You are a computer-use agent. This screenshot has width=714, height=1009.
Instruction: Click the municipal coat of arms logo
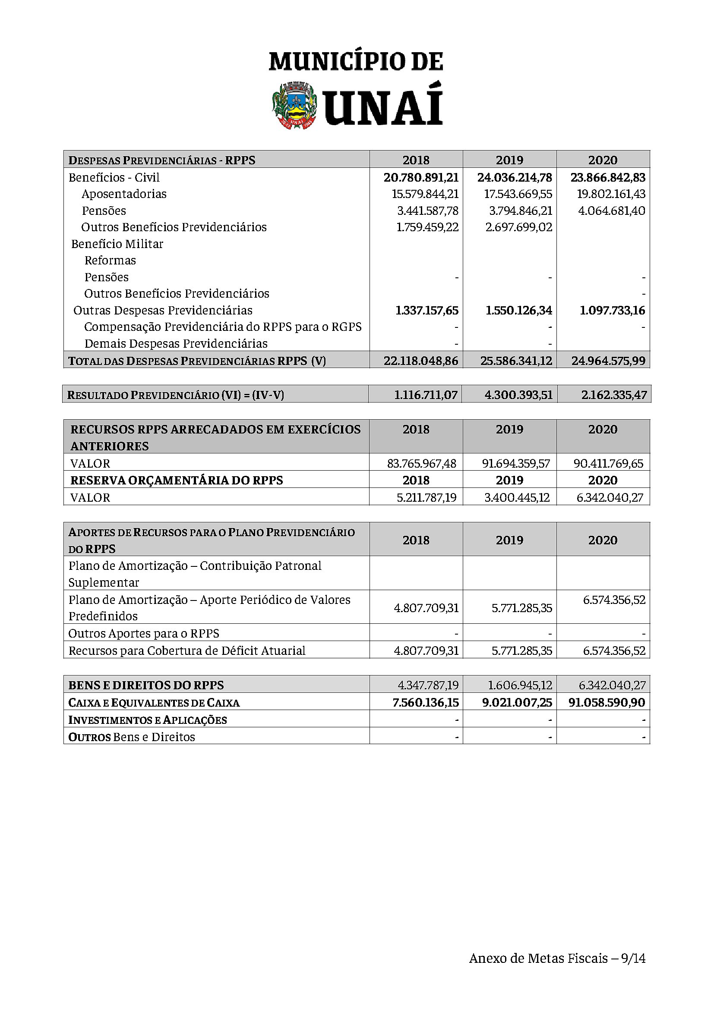click(294, 105)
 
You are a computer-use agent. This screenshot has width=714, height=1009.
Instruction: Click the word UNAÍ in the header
click(383, 107)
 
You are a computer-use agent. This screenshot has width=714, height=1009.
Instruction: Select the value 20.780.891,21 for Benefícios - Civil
click(421, 178)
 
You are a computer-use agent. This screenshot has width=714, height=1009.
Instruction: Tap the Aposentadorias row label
click(124, 194)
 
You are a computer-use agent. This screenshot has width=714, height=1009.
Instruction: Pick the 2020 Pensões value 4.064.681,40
click(611, 211)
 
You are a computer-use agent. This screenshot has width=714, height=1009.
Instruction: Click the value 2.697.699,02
click(519, 227)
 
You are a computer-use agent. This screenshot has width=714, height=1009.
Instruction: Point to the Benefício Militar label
click(117, 244)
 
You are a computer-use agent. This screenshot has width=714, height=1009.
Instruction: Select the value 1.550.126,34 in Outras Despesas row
click(519, 311)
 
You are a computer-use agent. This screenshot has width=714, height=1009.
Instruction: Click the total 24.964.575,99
click(609, 361)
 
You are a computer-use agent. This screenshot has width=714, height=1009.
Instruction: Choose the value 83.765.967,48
click(422, 463)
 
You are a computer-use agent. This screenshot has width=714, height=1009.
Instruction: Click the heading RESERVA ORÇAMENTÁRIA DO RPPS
click(177, 480)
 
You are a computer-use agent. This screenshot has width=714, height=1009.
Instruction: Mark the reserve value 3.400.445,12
click(517, 497)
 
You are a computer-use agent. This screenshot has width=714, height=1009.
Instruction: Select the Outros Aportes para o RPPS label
click(144, 633)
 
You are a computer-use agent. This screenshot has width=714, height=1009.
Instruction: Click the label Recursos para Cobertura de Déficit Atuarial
click(187, 651)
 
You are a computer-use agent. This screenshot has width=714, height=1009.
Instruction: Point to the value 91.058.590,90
click(607, 702)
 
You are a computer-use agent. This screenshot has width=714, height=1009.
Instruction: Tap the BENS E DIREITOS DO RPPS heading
click(146, 685)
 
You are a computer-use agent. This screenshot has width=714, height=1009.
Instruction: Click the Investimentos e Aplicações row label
click(148, 720)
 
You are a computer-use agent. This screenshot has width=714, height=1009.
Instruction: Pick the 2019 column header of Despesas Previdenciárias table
click(509, 160)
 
